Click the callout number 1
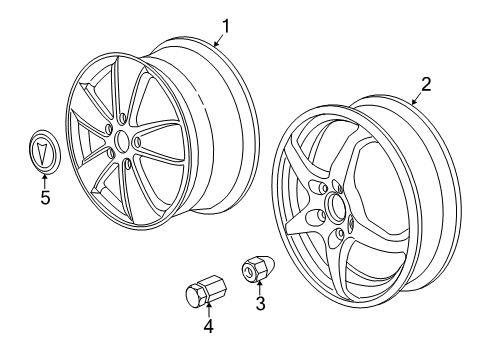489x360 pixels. (x=226, y=26)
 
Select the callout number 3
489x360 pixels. (x=260, y=303)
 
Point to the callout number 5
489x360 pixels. (x=44, y=197)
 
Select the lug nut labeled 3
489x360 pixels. (x=257, y=268)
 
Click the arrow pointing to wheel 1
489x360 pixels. (x=216, y=40)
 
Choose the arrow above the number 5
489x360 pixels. (x=44, y=181)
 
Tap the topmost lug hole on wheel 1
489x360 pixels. (x=121, y=116)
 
